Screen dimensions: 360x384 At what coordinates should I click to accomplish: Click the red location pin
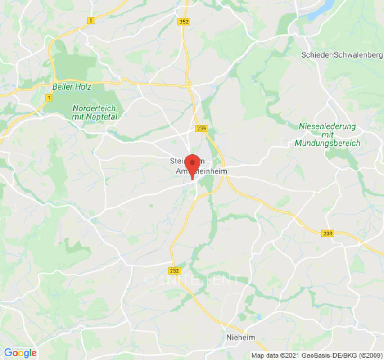(193, 165)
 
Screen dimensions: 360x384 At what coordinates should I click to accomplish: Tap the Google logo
(20, 353)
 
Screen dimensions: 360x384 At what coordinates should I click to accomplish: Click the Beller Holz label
(72, 86)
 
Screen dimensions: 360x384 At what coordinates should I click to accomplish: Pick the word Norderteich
(94, 108)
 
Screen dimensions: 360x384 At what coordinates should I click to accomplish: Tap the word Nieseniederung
(327, 126)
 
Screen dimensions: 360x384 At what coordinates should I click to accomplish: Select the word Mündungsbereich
(328, 143)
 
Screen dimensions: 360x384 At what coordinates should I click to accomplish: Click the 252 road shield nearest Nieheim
(175, 270)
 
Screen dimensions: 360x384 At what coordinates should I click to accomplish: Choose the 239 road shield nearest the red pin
(201, 129)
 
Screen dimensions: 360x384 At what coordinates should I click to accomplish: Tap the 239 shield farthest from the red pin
(328, 233)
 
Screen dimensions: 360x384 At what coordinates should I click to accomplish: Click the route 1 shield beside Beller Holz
(48, 98)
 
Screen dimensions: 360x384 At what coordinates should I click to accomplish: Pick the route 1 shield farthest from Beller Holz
(91, 21)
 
